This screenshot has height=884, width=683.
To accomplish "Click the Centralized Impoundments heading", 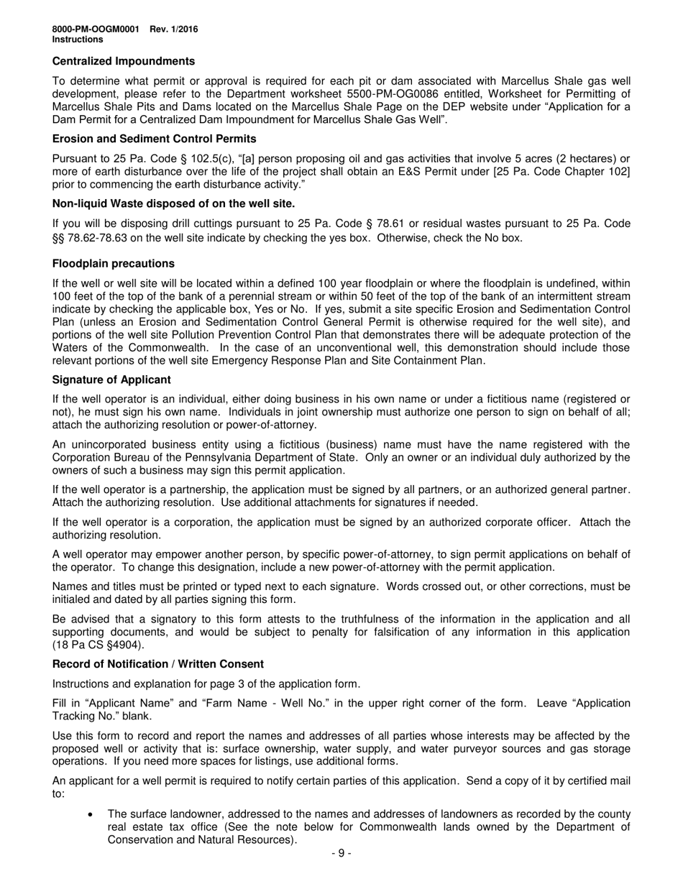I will pos(124,62).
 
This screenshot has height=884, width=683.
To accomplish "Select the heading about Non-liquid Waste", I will pos(174,203).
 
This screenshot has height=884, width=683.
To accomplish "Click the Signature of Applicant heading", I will pos(111,379).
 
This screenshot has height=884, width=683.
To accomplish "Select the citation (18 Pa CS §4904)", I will pos(98,645).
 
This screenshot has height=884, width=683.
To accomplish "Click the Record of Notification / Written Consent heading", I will pos(158,664).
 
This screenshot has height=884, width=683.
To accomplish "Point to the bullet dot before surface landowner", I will pos(90,814).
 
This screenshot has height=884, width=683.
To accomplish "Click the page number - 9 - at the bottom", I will pos(341,854).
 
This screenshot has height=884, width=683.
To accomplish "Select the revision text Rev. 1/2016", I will pos(174,29).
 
